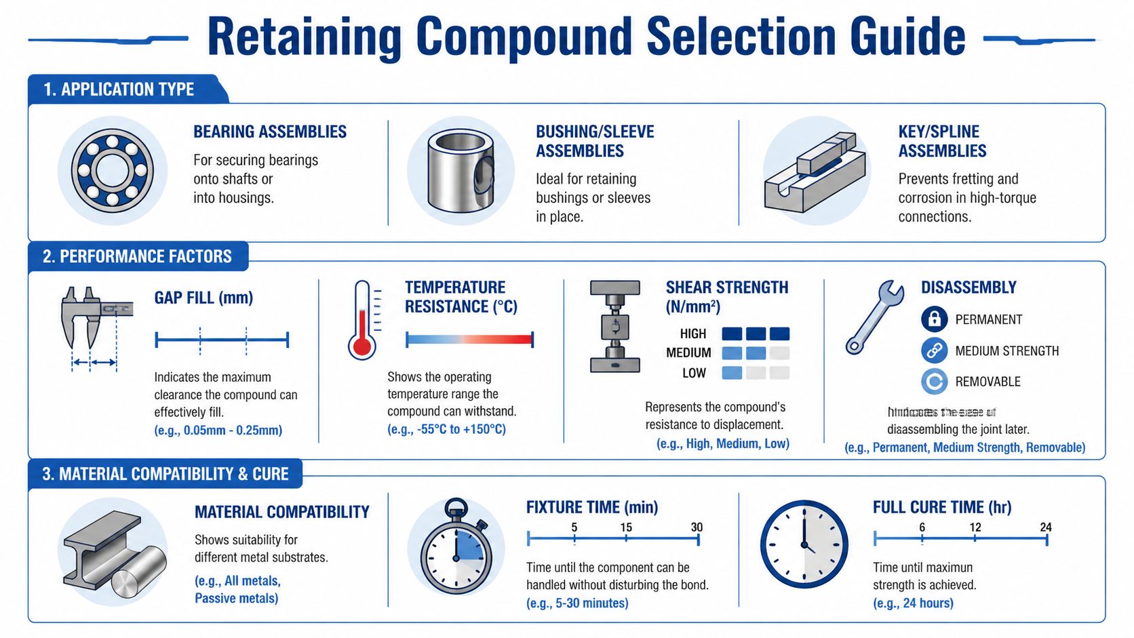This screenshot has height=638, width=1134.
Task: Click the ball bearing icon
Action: (113, 171)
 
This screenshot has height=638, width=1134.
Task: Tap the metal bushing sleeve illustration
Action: (461, 171)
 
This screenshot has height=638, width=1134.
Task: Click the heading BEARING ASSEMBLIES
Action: (270, 132)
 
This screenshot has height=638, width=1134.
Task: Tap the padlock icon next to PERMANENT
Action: (934, 319)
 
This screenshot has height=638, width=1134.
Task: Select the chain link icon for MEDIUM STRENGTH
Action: (934, 351)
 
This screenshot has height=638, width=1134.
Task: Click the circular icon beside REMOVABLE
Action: (934, 381)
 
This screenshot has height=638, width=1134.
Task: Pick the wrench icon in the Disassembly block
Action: (874, 317)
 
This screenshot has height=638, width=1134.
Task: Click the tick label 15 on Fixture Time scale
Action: (625, 527)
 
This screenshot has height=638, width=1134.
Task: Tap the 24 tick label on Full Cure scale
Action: (1045, 527)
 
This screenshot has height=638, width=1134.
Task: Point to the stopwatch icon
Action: (456, 549)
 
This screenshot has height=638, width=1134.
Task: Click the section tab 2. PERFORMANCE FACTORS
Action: (138, 256)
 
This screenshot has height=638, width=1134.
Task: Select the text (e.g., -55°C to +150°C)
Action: (446, 429)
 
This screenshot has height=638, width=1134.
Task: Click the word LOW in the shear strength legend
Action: (694, 373)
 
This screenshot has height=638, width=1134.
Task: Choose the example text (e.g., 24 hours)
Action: (913, 603)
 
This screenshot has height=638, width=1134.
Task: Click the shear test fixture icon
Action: (614, 327)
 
